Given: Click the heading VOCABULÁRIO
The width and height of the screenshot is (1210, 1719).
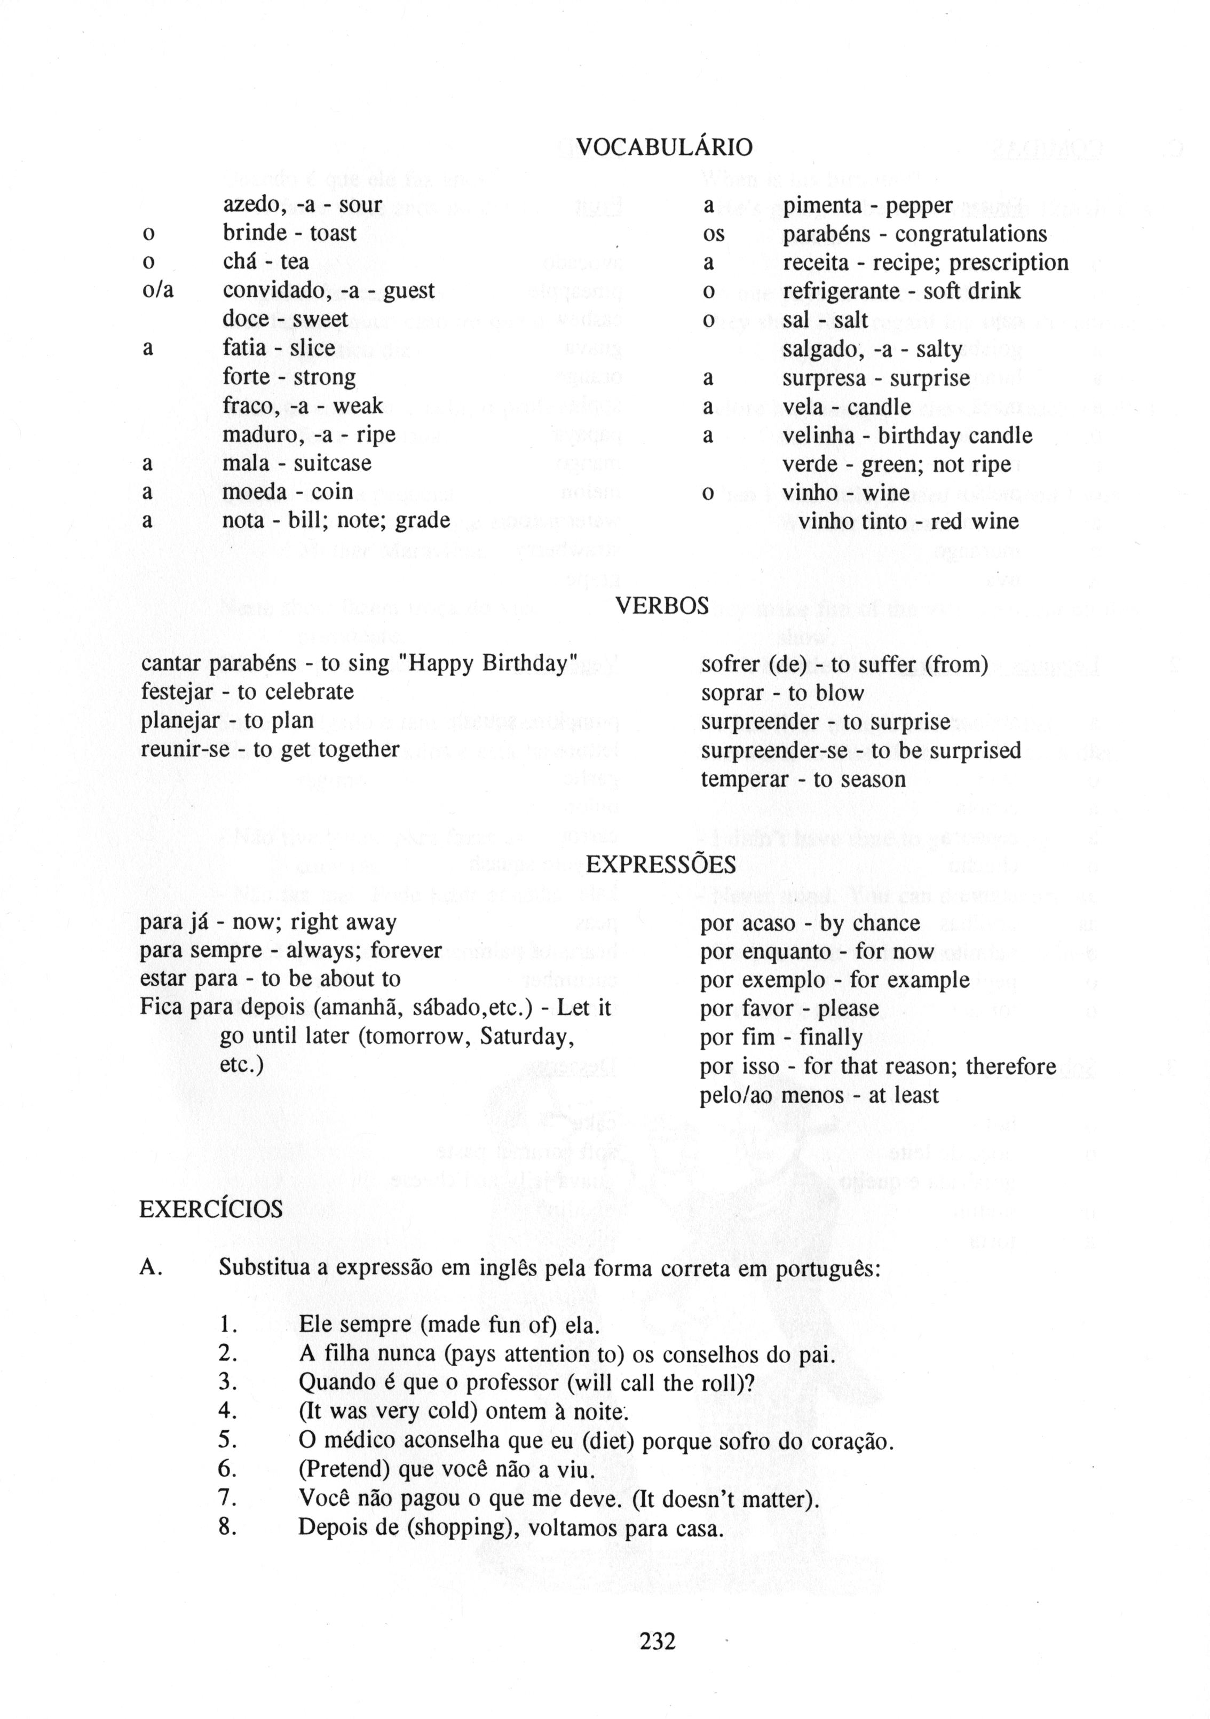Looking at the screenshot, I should point(664,147).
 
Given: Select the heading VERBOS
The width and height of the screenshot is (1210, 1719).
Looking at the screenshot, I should point(661,606).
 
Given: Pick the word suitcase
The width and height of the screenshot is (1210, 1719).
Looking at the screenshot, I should point(333,463).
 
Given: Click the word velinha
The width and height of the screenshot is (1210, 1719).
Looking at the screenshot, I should point(818,435).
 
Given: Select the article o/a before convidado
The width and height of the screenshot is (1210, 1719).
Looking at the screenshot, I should point(157,290).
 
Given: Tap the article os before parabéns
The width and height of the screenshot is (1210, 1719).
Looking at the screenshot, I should point(714,234).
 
